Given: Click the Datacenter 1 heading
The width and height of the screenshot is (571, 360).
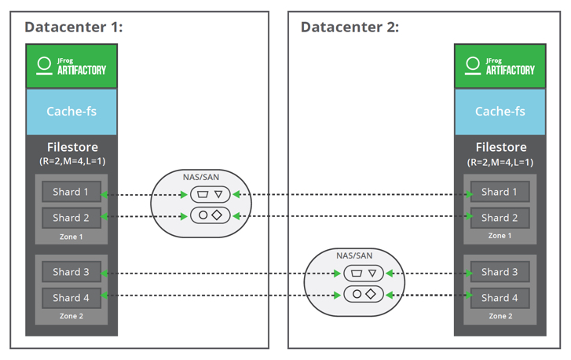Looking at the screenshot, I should click(74, 28).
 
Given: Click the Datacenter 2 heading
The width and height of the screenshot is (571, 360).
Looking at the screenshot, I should click(350, 28).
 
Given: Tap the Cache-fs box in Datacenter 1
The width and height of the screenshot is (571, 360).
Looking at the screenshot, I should click(71, 112).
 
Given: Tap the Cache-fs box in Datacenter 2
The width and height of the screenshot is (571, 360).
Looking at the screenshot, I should click(500, 112).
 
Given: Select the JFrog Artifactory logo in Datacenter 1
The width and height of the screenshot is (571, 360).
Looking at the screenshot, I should click(71, 66).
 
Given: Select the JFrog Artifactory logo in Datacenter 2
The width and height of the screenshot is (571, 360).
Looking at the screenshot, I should click(500, 66).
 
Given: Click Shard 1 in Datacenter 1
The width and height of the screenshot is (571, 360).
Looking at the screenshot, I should click(71, 192).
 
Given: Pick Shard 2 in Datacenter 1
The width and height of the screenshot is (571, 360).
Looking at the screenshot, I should click(71, 218).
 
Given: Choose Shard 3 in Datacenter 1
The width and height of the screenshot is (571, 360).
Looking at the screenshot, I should click(71, 272).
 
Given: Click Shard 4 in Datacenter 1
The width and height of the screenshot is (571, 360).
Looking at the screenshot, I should click(71, 298).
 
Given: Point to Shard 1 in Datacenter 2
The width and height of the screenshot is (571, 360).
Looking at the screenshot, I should click(500, 192).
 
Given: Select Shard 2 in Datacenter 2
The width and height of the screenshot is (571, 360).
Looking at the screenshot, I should click(500, 218).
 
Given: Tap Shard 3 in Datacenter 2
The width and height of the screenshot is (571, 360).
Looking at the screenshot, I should click(500, 272).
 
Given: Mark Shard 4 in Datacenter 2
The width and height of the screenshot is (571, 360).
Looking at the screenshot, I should click(500, 298).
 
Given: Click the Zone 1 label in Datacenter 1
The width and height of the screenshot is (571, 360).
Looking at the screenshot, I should click(71, 237).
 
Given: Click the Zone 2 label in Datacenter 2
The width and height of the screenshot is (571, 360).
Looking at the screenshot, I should click(500, 316).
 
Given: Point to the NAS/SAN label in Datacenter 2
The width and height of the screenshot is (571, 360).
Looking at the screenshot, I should click(354, 256).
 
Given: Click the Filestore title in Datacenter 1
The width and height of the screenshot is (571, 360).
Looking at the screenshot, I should click(71, 147).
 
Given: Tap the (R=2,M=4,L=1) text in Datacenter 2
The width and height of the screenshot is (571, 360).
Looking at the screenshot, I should click(500, 162).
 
